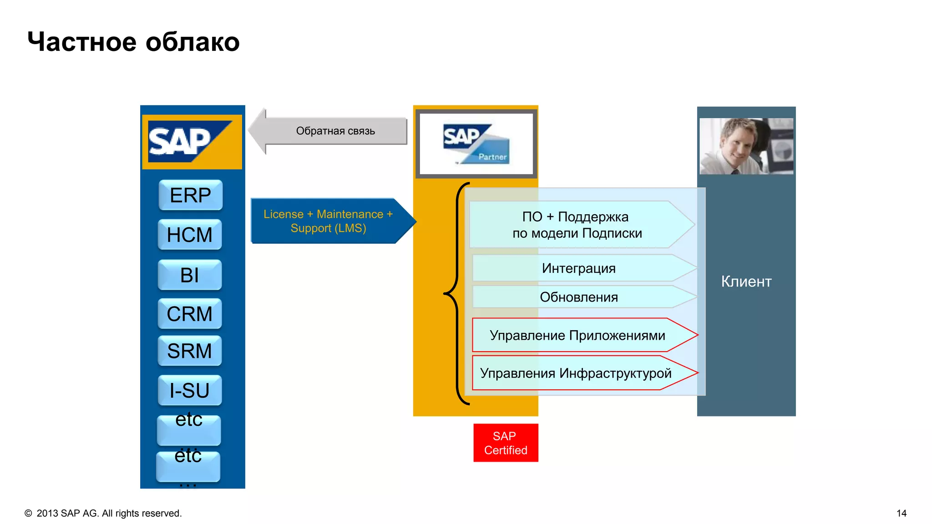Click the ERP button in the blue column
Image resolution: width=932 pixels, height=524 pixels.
[x=190, y=195]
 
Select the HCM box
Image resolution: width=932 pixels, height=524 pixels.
[x=190, y=235]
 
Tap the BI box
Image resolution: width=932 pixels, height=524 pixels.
[x=190, y=275]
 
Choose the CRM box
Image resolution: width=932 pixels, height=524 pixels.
[x=190, y=314]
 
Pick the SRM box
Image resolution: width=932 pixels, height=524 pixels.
[x=190, y=351]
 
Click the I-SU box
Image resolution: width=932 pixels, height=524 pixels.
[x=190, y=390]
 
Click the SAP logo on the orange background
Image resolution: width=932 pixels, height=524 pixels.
[x=192, y=142]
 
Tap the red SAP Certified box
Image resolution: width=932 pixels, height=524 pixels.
[x=506, y=443]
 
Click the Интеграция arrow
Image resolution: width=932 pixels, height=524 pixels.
[x=578, y=268]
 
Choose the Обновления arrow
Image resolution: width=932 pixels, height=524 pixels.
[x=578, y=297]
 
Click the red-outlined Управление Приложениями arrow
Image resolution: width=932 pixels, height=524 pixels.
[x=577, y=335]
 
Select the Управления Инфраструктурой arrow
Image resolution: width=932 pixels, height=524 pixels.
[x=576, y=373]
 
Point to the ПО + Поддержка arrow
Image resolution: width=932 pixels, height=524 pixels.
[x=577, y=225]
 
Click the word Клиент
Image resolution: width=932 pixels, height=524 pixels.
[x=746, y=282]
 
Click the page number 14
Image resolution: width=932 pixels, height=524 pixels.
[x=901, y=513]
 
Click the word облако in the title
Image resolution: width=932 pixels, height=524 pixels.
[x=192, y=42]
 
